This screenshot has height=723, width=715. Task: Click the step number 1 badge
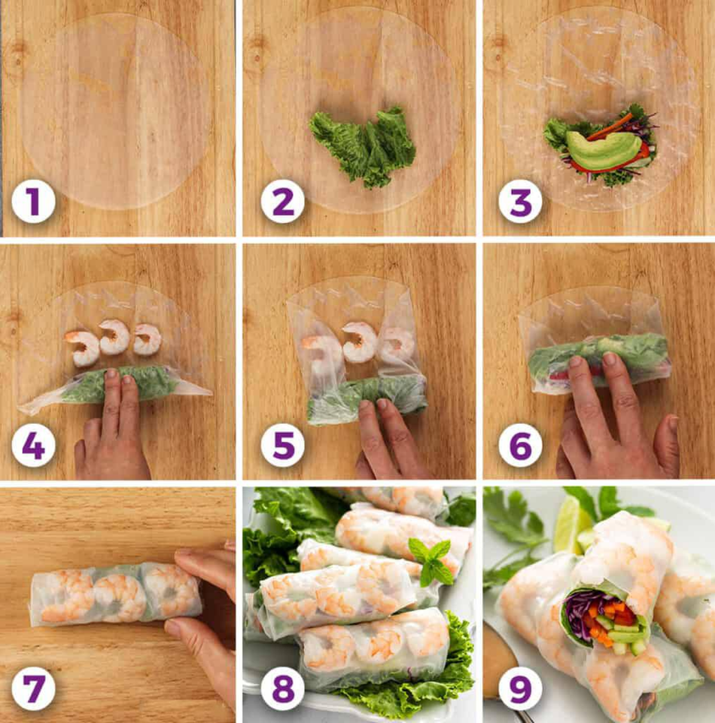click(33, 202)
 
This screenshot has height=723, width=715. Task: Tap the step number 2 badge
click(282, 202)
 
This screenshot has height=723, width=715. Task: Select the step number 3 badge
click(521, 202)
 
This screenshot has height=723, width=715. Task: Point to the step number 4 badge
click(33, 446)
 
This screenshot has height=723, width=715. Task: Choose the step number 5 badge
click(282, 446)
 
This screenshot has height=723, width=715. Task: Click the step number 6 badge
click(521, 446)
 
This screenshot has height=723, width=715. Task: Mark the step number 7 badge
click(33, 688)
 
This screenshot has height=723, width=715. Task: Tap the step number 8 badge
click(282, 688)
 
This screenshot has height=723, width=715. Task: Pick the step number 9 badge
click(521, 688)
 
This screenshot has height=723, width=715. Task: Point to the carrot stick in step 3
click(609, 127)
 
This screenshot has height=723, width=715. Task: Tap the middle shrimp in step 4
click(114, 337)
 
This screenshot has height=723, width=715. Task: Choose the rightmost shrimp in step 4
click(148, 340)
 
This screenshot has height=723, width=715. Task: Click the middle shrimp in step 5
click(359, 342)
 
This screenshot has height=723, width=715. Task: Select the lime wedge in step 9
click(571, 525)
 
